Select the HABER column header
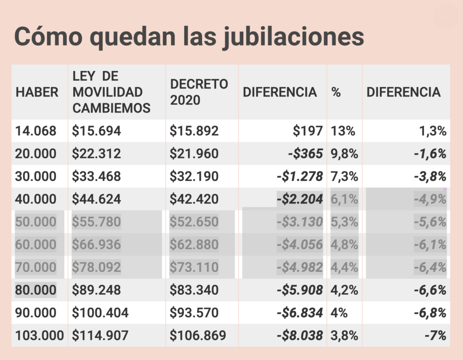(37, 92)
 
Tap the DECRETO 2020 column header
(199, 92)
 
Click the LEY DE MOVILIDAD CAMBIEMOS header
(111, 92)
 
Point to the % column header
(336, 92)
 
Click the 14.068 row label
(36, 131)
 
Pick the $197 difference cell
(307, 131)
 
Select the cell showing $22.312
(96, 154)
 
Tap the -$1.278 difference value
(300, 176)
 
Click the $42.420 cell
(194, 199)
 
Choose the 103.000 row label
(39, 336)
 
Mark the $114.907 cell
(100, 336)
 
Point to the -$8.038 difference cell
(300, 336)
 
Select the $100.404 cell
(100, 313)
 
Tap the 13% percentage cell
(343, 131)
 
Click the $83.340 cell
(194, 290)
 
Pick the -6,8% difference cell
(430, 313)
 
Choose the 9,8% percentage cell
(345, 154)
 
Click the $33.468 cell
(96, 176)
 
